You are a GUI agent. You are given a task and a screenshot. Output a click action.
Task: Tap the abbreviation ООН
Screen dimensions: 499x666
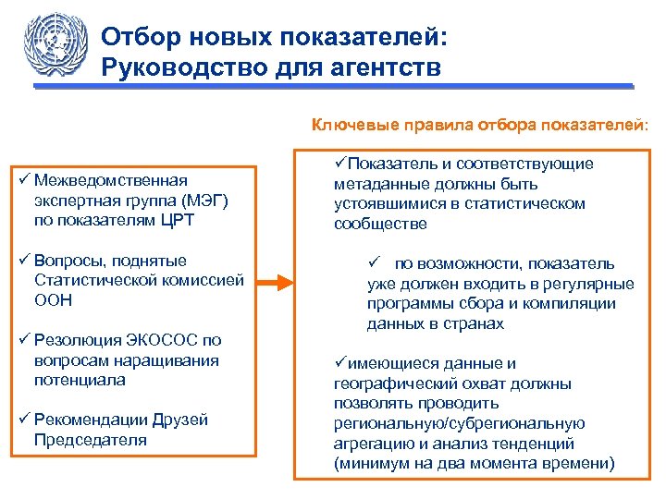point(52,300)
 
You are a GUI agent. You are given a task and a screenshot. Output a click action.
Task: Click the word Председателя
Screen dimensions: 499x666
point(90,440)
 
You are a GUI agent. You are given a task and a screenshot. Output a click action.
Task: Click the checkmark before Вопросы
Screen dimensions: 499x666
point(23,261)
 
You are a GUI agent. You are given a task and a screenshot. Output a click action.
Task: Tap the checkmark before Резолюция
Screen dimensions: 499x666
point(23,340)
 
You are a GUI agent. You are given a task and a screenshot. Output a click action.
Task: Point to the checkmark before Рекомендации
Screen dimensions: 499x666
point(23,420)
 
